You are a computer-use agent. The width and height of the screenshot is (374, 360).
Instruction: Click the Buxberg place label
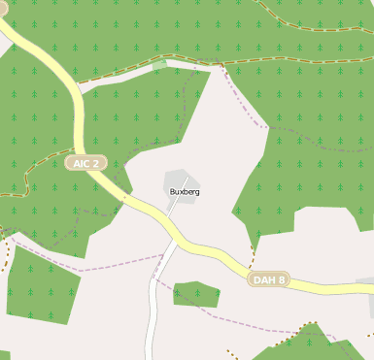(185, 192)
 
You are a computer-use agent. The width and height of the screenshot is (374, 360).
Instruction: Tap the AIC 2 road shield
(86, 163)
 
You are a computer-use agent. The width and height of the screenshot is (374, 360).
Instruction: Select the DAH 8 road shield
(269, 279)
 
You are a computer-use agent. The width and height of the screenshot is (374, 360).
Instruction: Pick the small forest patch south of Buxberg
(195, 294)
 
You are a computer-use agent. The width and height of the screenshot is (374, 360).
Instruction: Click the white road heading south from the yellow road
(153, 301)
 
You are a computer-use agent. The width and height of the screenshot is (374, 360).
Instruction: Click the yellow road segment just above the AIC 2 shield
(81, 131)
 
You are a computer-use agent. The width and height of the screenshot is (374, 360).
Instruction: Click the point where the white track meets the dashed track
(221, 66)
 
